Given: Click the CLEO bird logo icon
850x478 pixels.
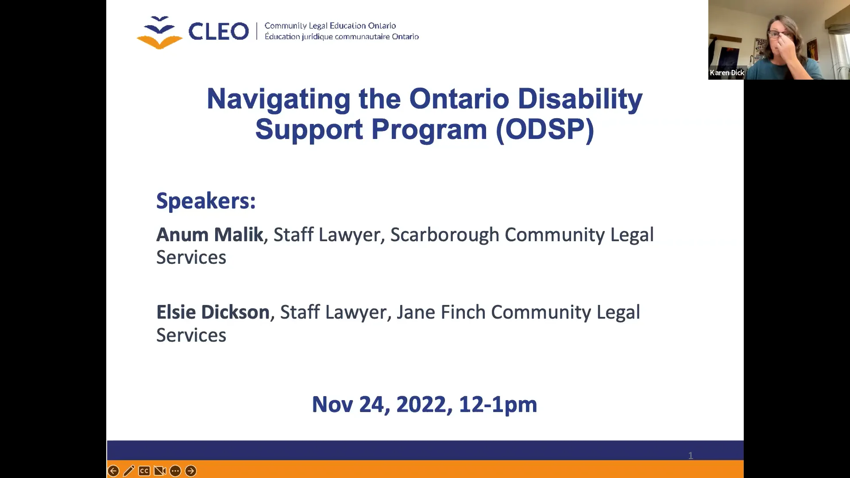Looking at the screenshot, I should point(159,32).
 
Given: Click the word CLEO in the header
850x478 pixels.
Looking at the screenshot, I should point(218,31).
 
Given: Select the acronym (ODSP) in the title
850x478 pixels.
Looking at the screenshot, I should point(545,130).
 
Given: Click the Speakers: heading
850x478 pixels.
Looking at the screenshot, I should point(206,201).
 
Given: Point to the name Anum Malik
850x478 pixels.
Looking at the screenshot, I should point(209,235).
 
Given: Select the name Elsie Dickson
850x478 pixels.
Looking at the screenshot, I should point(212,312).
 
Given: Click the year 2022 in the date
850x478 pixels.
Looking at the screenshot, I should point(421,405).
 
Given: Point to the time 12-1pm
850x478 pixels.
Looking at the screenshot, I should point(498,405).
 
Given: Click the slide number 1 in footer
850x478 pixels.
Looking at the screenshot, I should point(690,455).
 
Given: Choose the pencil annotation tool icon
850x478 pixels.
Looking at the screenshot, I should point(129,471).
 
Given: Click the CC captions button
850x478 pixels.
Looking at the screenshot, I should point(144,471).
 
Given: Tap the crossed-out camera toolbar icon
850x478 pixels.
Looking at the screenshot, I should point(160,471).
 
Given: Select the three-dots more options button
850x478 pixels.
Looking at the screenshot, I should point(175,471).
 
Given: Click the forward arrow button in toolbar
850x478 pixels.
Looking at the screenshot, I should point(191,471).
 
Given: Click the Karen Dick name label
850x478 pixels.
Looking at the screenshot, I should point(727,73).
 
